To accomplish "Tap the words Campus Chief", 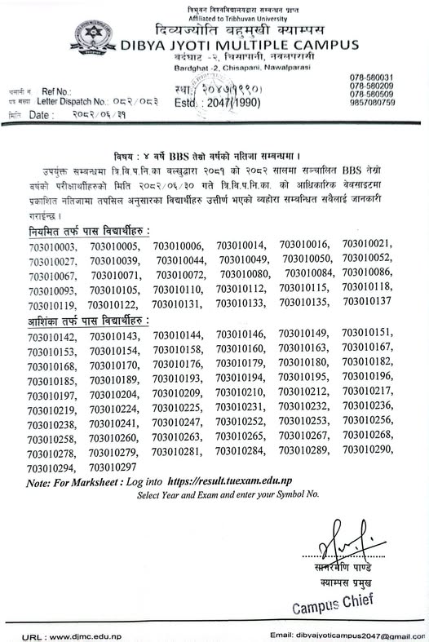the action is (332, 606).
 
